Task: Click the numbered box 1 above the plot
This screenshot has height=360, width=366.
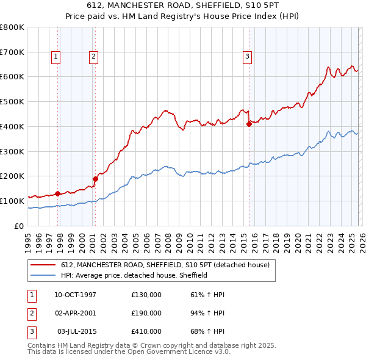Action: point(56,57)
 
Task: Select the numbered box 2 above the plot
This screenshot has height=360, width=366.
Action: point(93,57)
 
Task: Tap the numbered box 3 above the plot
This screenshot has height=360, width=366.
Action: point(247,57)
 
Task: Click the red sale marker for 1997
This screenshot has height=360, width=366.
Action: point(57,193)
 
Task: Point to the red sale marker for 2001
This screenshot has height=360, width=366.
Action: point(95,179)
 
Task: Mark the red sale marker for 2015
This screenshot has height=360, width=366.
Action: point(249,124)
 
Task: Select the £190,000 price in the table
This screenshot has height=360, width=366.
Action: point(146,313)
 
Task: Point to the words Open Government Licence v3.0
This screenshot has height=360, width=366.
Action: point(182,352)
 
